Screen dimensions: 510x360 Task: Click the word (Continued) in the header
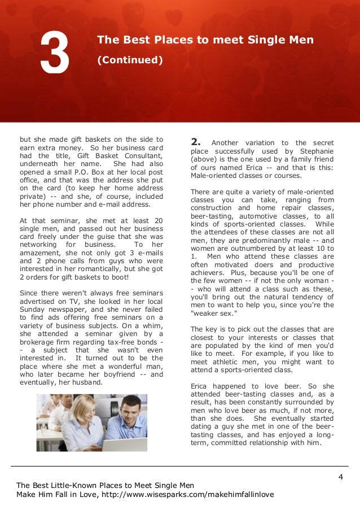coord(130,59)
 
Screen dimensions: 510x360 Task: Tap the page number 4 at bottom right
coord(341,477)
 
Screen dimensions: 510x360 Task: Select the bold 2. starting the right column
coord(196,142)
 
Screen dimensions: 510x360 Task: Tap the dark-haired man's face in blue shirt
coord(130,408)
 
